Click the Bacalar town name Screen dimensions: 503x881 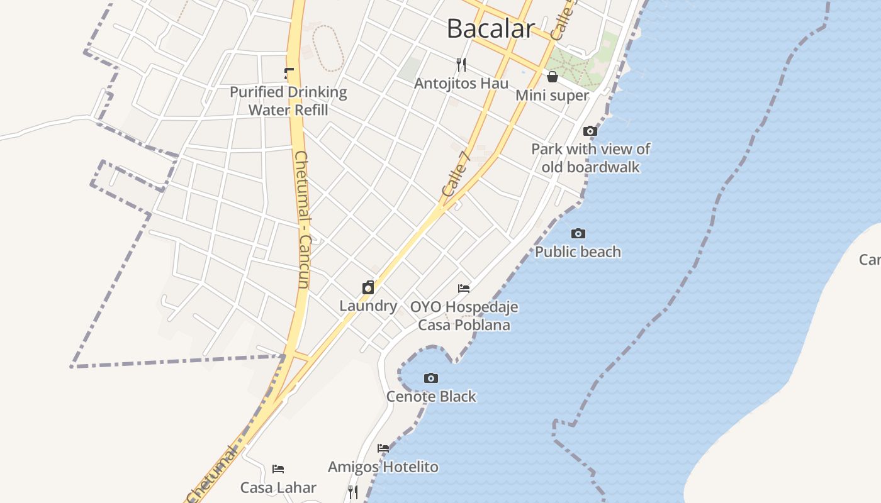tap(491, 28)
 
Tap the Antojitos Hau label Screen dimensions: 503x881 tap(461, 83)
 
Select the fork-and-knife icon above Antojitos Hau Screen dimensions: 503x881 tap(461, 64)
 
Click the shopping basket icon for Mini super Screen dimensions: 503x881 tap(553, 77)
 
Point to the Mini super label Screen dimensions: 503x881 tap(553, 96)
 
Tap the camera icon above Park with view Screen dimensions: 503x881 tap(590, 131)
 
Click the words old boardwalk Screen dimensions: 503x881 tap(590, 167)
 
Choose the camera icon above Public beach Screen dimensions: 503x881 tap(578, 233)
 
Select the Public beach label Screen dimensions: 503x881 tap(578, 252)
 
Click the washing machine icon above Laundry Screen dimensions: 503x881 tap(368, 288)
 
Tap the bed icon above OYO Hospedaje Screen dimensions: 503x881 tap(464, 289)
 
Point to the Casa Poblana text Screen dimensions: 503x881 tap(464, 325)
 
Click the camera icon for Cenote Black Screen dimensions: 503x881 tap(431, 378)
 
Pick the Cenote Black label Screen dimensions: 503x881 tap(431, 397)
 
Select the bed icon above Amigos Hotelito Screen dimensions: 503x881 tap(383, 448)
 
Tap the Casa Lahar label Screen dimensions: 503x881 tap(278, 487)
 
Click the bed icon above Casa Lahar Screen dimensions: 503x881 tap(278, 468)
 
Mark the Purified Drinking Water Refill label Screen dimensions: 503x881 tap(288, 101)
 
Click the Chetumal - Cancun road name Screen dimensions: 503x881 tap(303, 220)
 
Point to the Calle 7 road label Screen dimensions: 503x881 tap(456, 179)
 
